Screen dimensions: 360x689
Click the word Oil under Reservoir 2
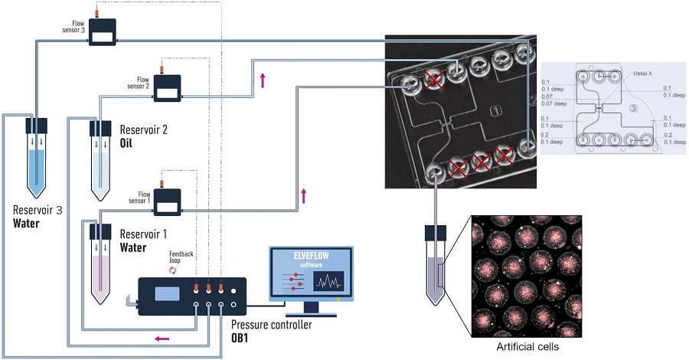[x=129, y=143]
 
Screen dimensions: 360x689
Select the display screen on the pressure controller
[x=167, y=293]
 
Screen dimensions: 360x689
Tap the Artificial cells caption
[x=529, y=346]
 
